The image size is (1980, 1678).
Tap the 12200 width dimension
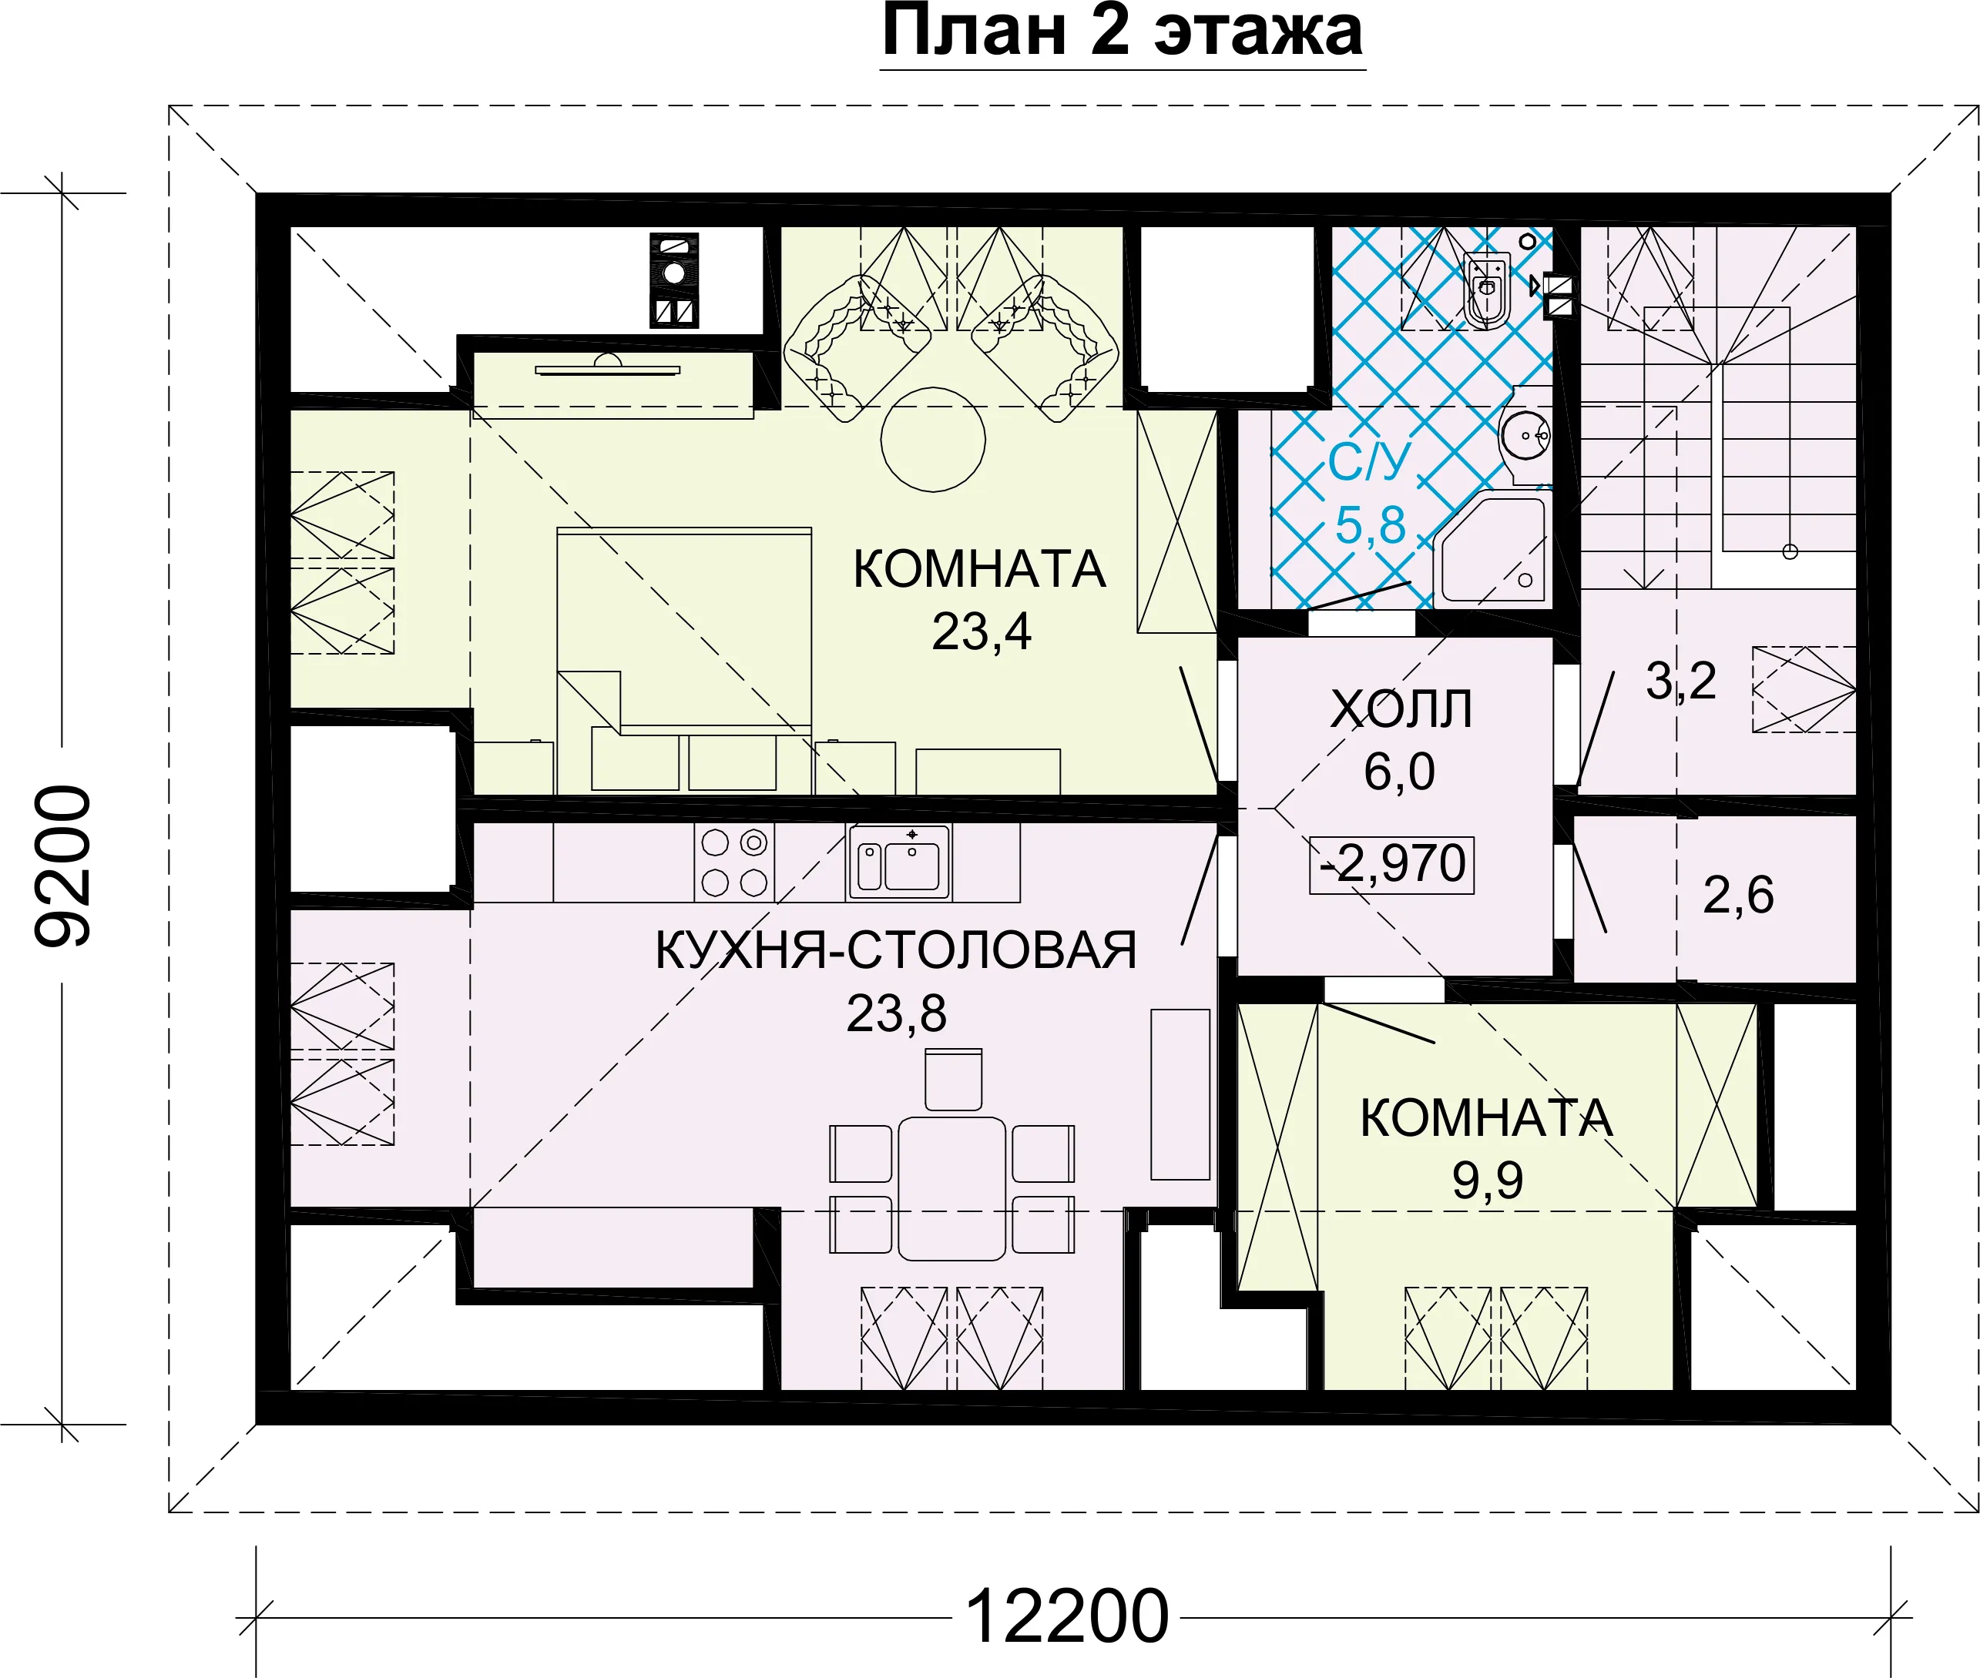(1066, 1617)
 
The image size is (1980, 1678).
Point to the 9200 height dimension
(63, 866)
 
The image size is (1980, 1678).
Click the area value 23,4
(981, 631)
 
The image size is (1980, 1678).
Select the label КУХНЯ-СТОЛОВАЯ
(896, 950)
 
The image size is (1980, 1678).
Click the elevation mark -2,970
(1392, 865)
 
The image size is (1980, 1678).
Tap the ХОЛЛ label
(1401, 708)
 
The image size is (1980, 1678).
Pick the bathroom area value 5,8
(1370, 525)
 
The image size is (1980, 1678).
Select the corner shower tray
(1491, 549)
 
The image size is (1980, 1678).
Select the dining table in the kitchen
(951, 1188)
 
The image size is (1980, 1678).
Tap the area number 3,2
(1681, 681)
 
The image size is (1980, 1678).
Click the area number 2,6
(1738, 895)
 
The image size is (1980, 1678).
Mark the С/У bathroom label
(1368, 462)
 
